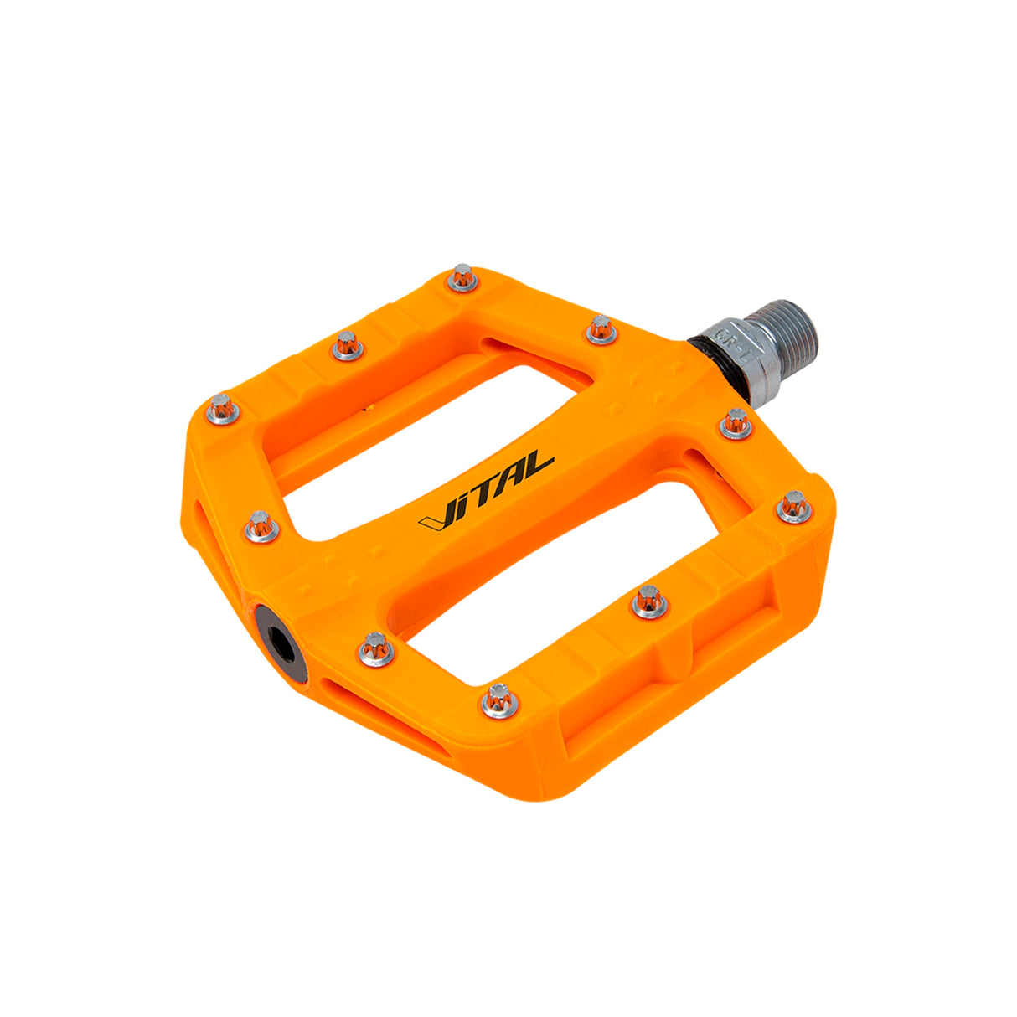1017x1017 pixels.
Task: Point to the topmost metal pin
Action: click(462, 277)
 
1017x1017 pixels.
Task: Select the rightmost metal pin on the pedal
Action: click(794, 507)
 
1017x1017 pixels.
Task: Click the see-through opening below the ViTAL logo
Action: click(578, 578)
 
